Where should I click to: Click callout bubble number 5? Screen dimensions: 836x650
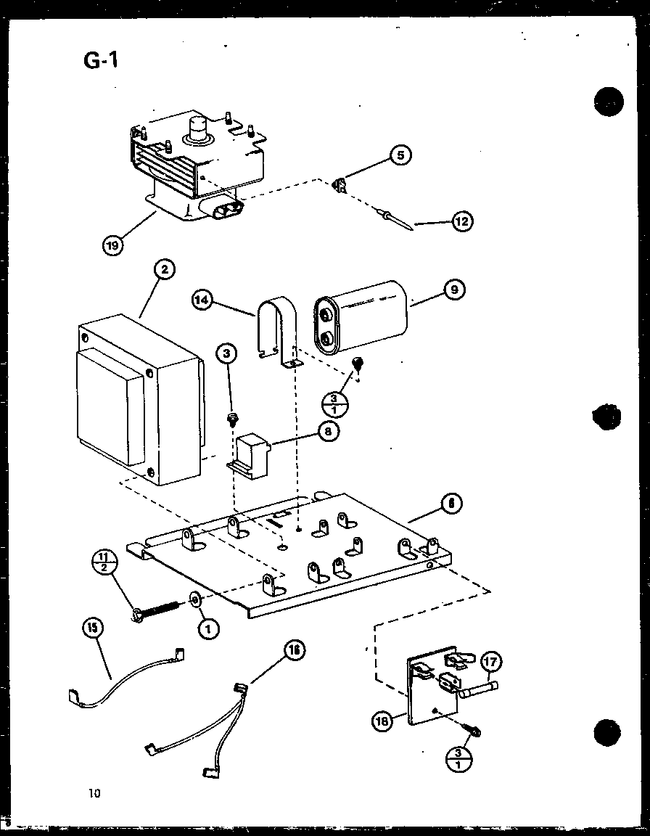point(399,155)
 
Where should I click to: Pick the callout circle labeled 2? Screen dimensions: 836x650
point(165,270)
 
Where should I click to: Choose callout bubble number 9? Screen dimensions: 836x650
point(453,291)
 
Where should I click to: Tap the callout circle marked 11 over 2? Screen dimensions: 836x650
point(104,562)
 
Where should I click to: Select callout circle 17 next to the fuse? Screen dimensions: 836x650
point(491,662)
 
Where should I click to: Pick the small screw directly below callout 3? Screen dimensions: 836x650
point(233,419)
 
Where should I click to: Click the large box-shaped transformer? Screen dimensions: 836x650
point(138,403)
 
